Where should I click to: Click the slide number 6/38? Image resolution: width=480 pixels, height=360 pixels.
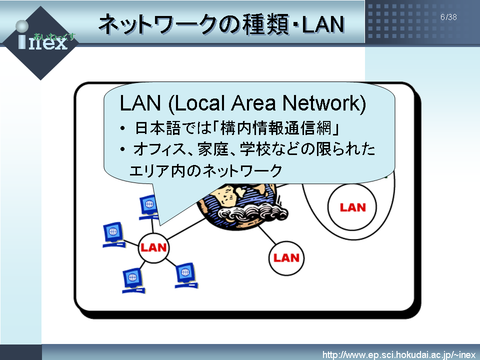point(448,17)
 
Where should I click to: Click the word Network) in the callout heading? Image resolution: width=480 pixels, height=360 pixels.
point(324,103)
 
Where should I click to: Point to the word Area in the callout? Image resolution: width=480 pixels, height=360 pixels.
point(253,103)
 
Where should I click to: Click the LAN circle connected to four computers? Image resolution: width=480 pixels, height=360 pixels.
point(153,247)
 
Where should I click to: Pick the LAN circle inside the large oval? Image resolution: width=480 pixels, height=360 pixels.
point(352,207)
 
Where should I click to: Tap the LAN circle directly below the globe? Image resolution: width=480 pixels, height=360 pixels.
point(286,258)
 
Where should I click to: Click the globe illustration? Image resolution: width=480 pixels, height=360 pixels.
point(242,205)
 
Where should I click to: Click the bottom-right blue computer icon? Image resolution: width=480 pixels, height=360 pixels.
point(186,275)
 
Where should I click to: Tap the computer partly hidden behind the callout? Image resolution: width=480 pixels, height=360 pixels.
point(149,207)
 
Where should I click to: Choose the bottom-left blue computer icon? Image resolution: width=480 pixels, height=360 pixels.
point(133,280)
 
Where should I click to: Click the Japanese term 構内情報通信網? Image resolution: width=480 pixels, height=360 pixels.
point(275,128)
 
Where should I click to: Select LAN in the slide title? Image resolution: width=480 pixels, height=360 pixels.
point(323,24)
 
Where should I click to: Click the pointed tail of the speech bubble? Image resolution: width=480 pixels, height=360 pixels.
point(160,224)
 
